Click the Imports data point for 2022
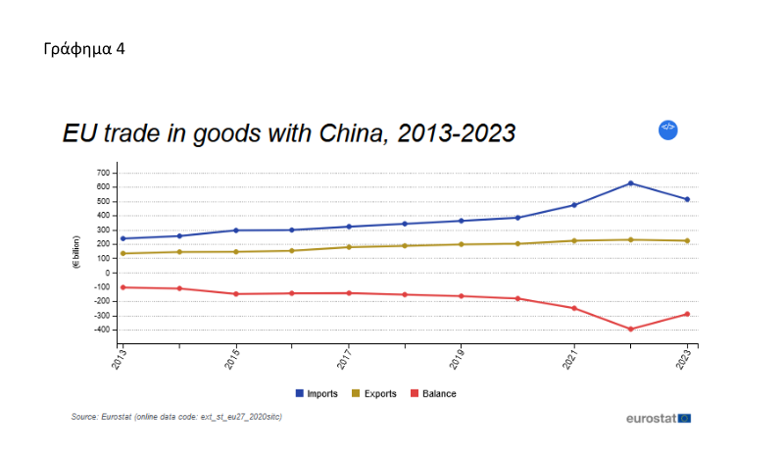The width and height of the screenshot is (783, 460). click(x=631, y=183)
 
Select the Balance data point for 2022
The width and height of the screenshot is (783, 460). click(x=631, y=329)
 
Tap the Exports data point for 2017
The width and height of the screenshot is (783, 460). click(x=349, y=247)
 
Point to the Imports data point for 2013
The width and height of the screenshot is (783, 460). click(x=122, y=238)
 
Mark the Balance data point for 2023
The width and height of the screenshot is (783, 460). click(x=688, y=314)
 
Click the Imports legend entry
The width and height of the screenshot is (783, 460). click(x=318, y=393)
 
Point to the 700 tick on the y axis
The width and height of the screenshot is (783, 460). click(x=104, y=173)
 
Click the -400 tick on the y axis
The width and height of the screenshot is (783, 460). click(x=103, y=330)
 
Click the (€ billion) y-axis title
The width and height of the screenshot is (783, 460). click(x=75, y=252)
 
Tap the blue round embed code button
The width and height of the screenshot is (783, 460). click(x=667, y=128)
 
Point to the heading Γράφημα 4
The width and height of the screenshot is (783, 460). click(x=83, y=48)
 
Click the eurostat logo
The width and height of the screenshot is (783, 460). click(x=658, y=418)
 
